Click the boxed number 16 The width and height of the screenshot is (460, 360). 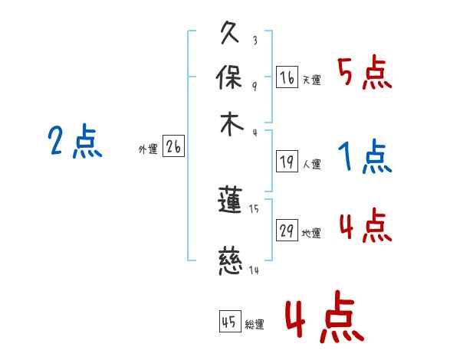click(x=287, y=77)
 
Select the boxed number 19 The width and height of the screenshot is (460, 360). click(x=287, y=161)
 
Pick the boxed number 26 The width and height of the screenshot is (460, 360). click(x=173, y=147)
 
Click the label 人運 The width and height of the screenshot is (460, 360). click(x=311, y=164)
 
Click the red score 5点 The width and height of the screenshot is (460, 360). click(x=364, y=75)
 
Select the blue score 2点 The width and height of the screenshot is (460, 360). click(x=74, y=142)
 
